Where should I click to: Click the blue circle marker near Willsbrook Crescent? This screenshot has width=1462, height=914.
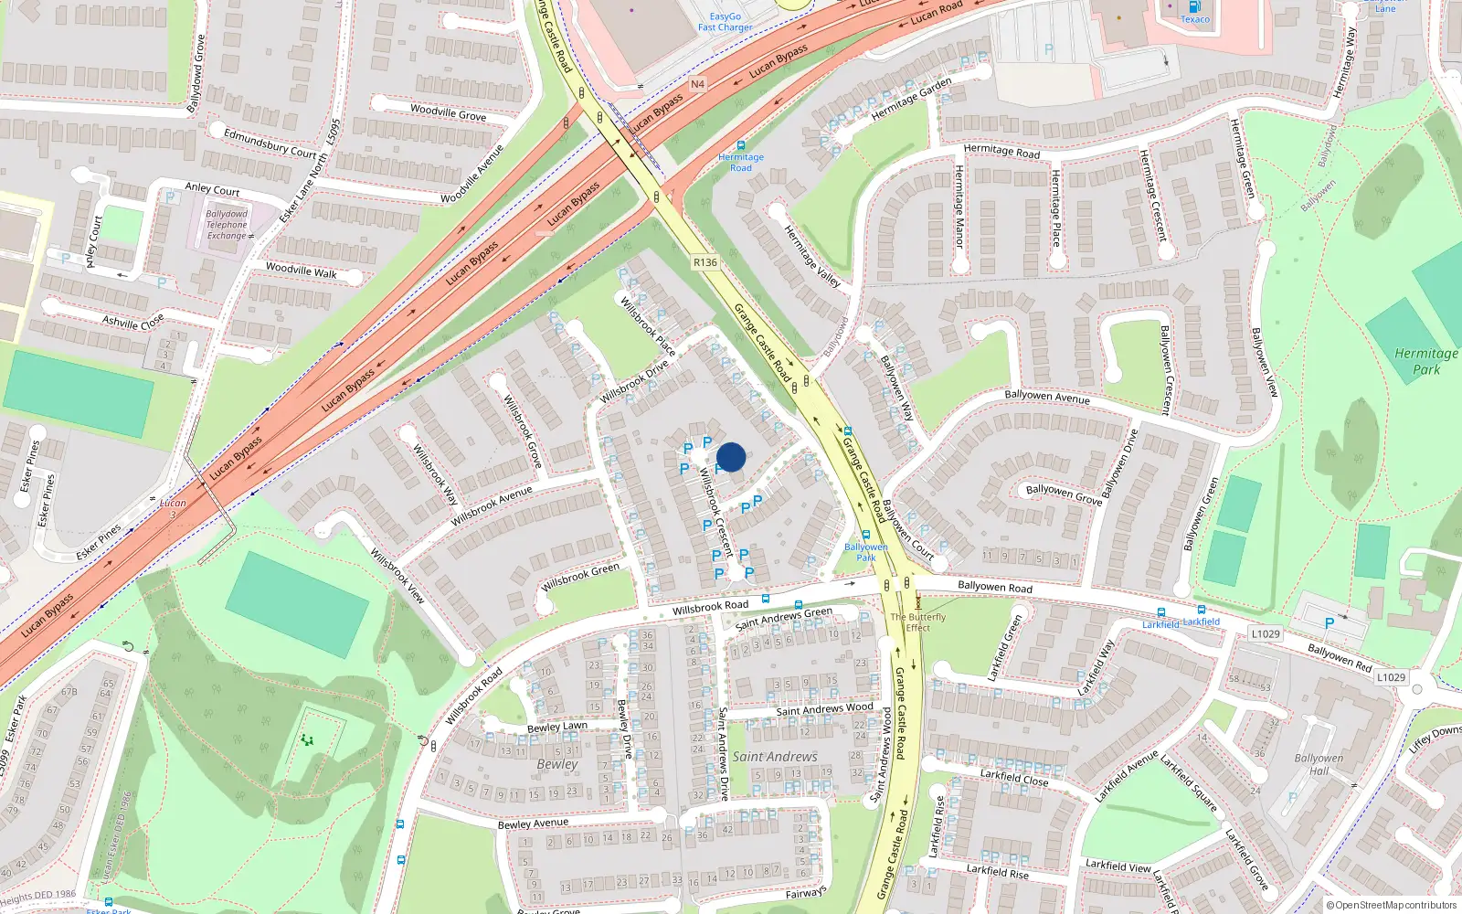(x=731, y=457)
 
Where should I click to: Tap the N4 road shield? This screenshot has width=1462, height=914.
(x=697, y=84)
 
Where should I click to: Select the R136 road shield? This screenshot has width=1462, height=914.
(x=705, y=262)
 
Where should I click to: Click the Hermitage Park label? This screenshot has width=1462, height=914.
(x=1425, y=361)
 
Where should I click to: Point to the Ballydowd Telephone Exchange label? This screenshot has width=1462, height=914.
(x=227, y=225)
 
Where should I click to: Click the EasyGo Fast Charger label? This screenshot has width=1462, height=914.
(x=726, y=22)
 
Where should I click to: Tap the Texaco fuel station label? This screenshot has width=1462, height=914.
(x=1194, y=19)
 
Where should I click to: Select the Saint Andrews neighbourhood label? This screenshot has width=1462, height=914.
(x=775, y=757)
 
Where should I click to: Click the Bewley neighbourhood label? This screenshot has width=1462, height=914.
(x=557, y=764)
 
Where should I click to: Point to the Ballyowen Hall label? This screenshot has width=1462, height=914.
(x=1319, y=764)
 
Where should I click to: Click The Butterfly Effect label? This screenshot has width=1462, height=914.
(x=918, y=622)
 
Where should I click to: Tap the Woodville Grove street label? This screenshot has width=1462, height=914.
(x=448, y=113)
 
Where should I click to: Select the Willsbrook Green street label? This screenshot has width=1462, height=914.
(x=580, y=576)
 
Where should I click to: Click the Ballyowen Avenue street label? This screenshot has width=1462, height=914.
(x=1046, y=397)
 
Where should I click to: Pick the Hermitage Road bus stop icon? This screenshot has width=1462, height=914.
(x=741, y=145)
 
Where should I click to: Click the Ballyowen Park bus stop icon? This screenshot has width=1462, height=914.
(x=866, y=535)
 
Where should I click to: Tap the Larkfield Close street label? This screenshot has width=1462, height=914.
(x=1014, y=777)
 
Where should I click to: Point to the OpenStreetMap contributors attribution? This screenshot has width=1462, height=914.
(x=1391, y=905)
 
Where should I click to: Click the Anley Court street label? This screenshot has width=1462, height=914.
(x=212, y=190)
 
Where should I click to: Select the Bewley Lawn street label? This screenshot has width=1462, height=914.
(x=557, y=727)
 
